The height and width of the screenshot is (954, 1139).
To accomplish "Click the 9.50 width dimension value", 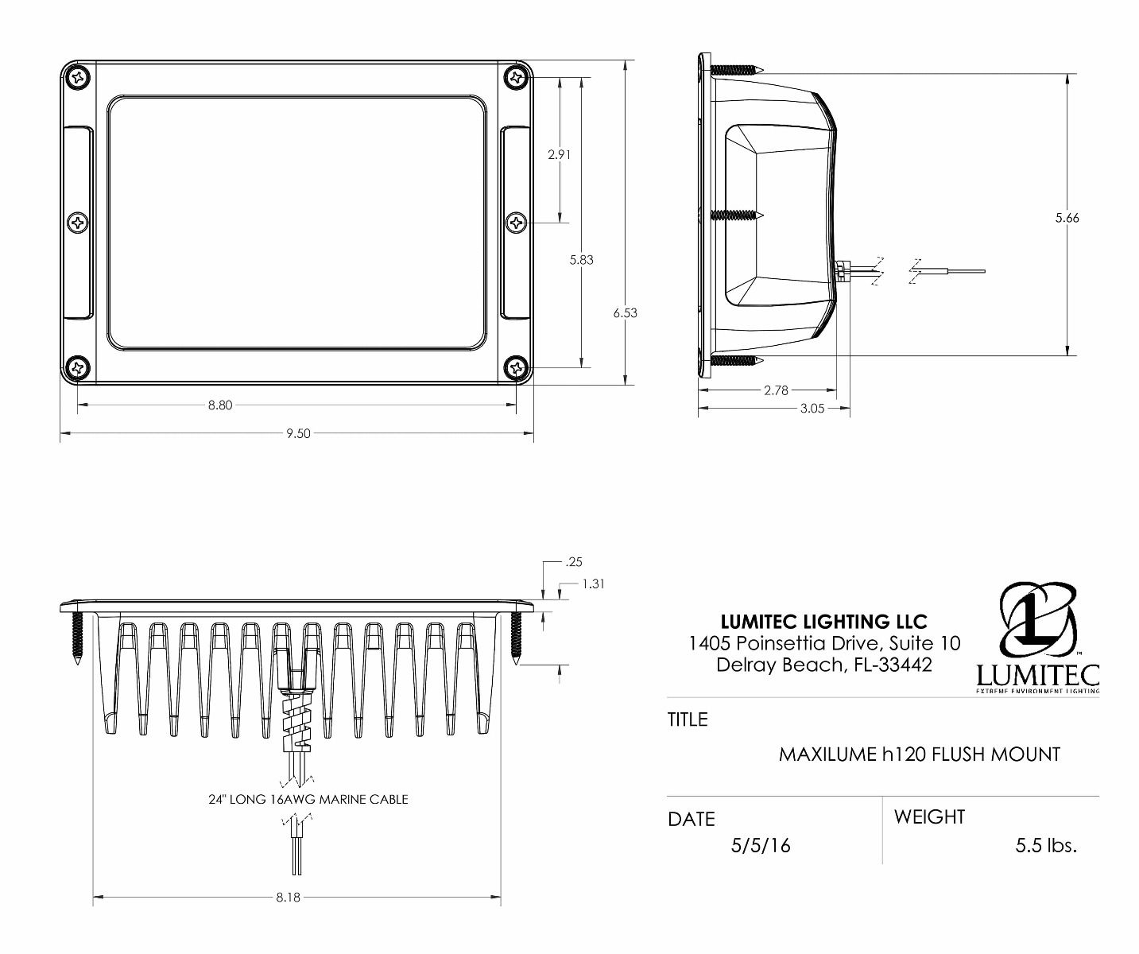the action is pyautogui.click(x=298, y=433).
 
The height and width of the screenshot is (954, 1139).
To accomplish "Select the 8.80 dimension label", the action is pyautogui.click(x=220, y=405).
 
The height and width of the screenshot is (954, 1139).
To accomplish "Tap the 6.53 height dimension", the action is pyautogui.click(x=626, y=312).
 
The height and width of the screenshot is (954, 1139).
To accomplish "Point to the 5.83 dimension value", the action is pyautogui.click(x=582, y=260).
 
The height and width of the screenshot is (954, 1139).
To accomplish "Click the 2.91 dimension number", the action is pyautogui.click(x=559, y=154).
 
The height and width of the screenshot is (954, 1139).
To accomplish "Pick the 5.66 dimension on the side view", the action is pyautogui.click(x=1067, y=218).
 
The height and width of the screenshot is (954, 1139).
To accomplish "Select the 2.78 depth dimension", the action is pyautogui.click(x=776, y=390).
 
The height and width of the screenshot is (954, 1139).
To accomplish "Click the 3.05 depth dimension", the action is pyautogui.click(x=812, y=409).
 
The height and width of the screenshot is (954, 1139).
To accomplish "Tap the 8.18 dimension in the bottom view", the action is pyautogui.click(x=288, y=898).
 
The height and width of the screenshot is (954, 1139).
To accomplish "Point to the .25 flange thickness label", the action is pyautogui.click(x=574, y=561).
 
